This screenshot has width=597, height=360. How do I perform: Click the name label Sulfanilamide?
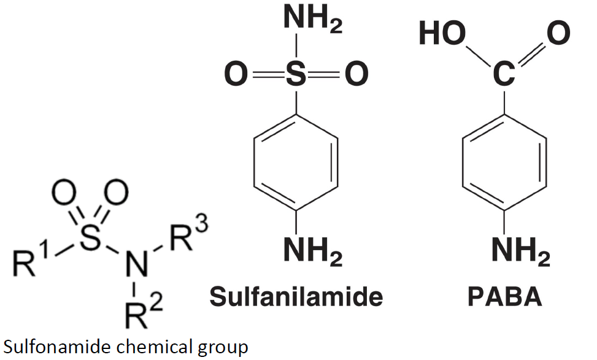pyautogui.click(x=296, y=297)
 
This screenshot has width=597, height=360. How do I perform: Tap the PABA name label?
pyautogui.click(x=505, y=297)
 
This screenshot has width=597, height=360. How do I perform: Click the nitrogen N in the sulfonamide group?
pyautogui.click(x=134, y=264)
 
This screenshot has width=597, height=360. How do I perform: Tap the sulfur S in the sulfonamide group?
pyautogui.click(x=90, y=239)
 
